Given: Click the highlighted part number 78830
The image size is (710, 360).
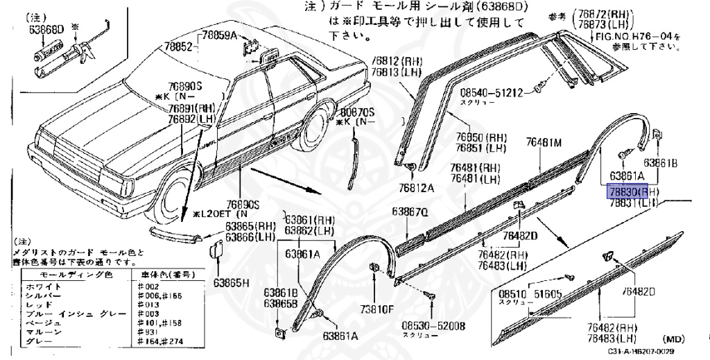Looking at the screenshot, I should (x=622, y=191).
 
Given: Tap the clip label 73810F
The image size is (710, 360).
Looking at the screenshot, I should (x=376, y=309).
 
